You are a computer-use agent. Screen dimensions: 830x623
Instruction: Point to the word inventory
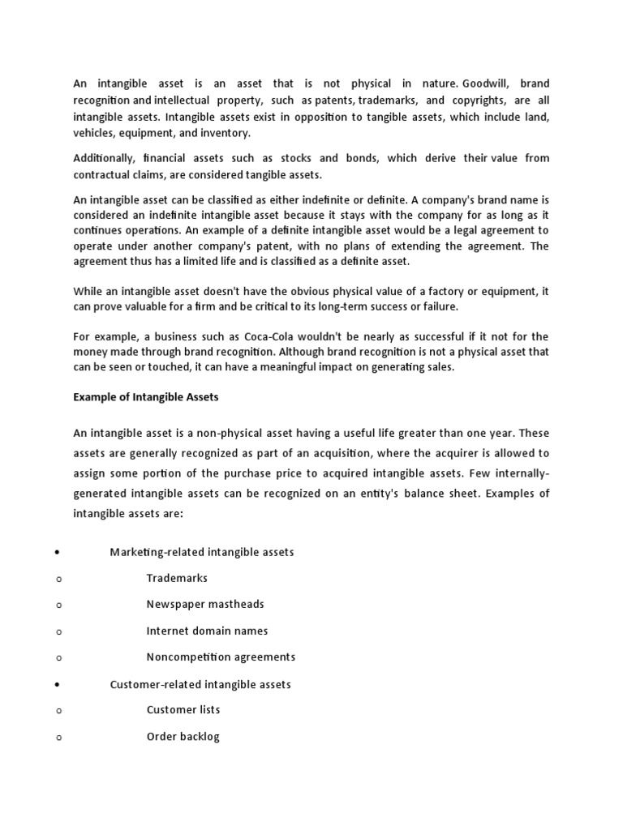(x=224, y=133)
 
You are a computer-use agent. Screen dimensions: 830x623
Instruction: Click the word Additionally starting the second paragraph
(x=105, y=158)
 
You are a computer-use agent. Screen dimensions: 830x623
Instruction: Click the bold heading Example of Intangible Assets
(x=146, y=397)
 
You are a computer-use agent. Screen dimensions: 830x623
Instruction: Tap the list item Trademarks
(x=177, y=578)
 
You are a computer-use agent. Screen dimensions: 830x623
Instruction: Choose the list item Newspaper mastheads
(x=205, y=604)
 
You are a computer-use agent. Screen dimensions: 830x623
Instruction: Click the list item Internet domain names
(x=207, y=631)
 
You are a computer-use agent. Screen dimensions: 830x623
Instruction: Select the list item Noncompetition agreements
(x=221, y=657)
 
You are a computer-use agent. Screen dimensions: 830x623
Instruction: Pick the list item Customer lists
(x=183, y=709)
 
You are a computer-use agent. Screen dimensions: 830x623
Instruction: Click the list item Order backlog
(x=183, y=737)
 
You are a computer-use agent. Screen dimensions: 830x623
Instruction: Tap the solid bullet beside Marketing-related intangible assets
(x=58, y=553)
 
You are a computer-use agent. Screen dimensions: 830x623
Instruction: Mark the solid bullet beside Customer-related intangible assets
(x=58, y=685)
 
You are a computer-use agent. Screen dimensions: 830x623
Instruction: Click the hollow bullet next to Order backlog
(x=59, y=738)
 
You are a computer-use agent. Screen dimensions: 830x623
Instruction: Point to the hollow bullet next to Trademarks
(x=59, y=579)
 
